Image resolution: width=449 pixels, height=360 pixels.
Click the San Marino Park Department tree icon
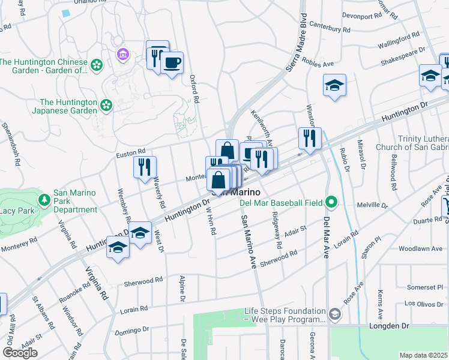(43, 199)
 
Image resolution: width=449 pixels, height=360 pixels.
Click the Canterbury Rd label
(347, 29)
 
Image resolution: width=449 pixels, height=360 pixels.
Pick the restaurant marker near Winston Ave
(310, 138)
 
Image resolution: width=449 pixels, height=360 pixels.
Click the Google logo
(20, 353)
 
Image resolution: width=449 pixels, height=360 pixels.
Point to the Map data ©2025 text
(424, 355)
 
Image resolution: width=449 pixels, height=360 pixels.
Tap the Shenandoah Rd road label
(13, 143)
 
